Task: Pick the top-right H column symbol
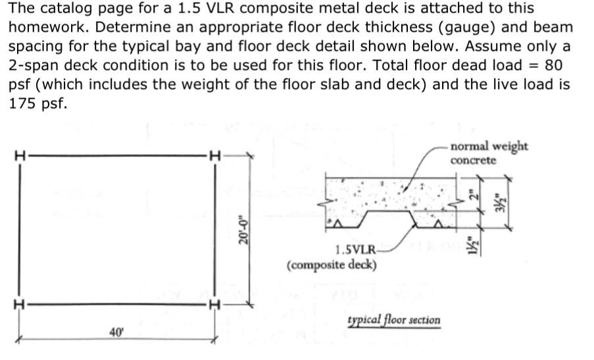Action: [212, 156]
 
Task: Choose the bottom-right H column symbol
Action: [212, 304]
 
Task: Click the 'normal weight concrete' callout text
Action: [488, 152]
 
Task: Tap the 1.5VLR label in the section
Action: [355, 250]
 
